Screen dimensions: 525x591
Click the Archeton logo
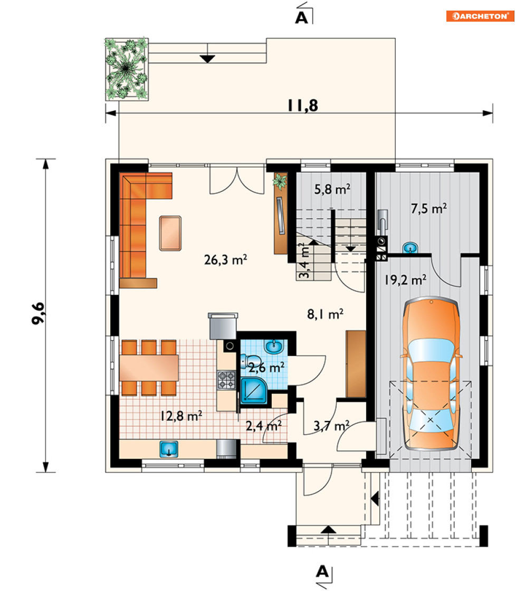coord(480,16)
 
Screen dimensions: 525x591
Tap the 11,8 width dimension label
coord(303,106)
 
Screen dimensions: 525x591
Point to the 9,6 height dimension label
coord(39,313)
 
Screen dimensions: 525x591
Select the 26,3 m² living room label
coord(225,260)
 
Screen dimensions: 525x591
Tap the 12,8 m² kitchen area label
coord(181,416)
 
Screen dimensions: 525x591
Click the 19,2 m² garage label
coord(405,280)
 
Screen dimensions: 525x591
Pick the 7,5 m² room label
coord(429,209)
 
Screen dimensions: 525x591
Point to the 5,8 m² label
coord(332,189)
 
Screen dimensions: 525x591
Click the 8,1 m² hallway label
coord(326,314)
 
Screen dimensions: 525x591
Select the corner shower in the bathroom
coord(254,390)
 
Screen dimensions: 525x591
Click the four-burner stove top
coord(226,380)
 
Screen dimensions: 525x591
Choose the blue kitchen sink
coord(169,449)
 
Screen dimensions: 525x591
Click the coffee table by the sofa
coord(170,233)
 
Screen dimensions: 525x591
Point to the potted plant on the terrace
coord(126,69)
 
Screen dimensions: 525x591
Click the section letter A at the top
coord(301,18)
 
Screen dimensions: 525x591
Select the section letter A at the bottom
coord(322,572)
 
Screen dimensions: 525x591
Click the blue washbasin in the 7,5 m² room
coord(410,248)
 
